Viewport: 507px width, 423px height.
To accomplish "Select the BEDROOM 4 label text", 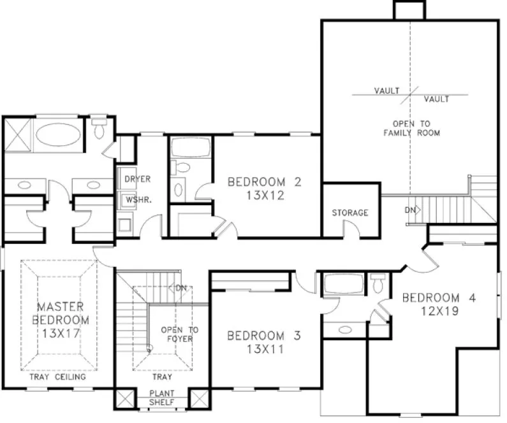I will coord(439,298).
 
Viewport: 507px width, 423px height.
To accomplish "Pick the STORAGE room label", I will coord(349,213).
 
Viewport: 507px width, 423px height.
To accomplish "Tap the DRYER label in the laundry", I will coord(137,179).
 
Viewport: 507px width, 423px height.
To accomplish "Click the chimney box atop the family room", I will coord(409,11).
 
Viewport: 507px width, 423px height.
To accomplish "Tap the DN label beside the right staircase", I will coord(411,210).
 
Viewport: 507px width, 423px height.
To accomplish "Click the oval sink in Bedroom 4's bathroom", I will coord(345,329).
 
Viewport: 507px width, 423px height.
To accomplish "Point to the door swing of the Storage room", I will coord(349,229).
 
